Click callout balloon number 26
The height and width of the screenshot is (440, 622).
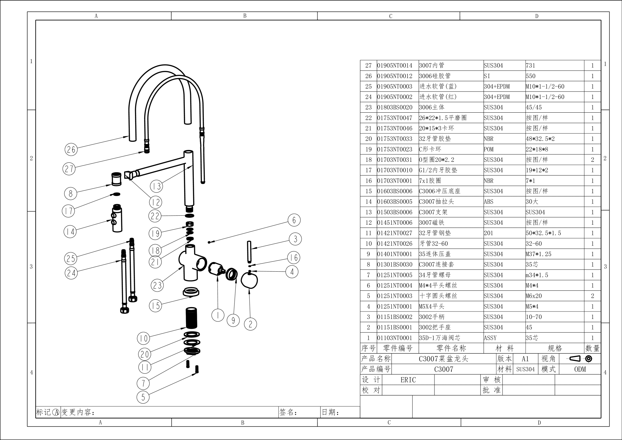[x=71, y=149]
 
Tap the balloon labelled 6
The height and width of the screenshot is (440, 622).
[x=294, y=220]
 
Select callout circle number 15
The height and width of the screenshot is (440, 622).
[x=155, y=306]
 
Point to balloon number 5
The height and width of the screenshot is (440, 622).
[x=143, y=397]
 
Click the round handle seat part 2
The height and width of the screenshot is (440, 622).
[x=249, y=280]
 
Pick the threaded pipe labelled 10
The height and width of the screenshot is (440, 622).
[x=191, y=318]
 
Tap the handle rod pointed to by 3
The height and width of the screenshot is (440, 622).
[x=249, y=252]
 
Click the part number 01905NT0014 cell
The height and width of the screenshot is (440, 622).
[x=395, y=65]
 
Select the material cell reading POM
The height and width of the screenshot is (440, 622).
[x=489, y=149]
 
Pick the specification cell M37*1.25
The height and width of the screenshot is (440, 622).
[x=538, y=254]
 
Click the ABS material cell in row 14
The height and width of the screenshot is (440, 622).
[x=489, y=202]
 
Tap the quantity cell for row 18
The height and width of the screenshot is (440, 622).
[x=592, y=160]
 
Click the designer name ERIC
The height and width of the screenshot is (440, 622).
[x=408, y=380]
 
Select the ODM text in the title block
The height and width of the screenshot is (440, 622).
[x=580, y=369]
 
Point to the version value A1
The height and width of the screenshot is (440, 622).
[x=525, y=359]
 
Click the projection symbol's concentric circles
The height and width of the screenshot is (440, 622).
[x=588, y=358]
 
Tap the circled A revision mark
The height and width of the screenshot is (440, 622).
[x=56, y=412]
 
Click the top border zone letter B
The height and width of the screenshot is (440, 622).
[x=245, y=16]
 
